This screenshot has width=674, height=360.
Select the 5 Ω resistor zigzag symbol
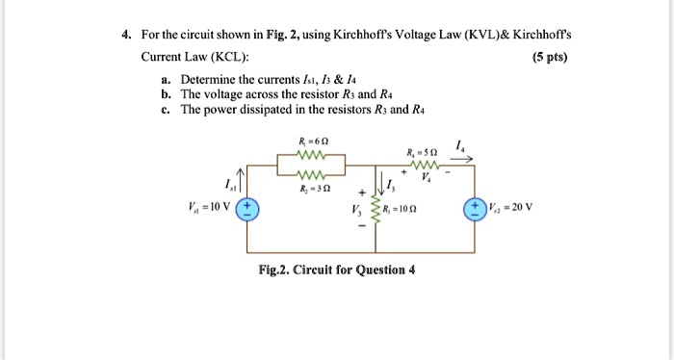[x=425, y=166]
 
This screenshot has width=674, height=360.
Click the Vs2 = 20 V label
[x=512, y=205]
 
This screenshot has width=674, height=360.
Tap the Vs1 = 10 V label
[x=209, y=205]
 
